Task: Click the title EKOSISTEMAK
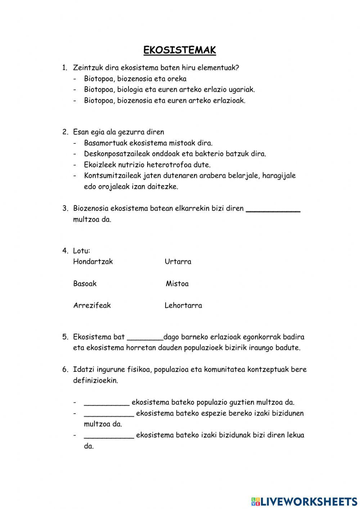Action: (x=180, y=50)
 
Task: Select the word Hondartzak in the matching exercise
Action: (x=93, y=262)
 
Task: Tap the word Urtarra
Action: (x=178, y=262)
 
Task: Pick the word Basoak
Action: (x=85, y=283)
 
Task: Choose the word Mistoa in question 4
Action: (x=177, y=283)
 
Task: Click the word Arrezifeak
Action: (x=92, y=305)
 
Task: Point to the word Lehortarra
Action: (x=183, y=305)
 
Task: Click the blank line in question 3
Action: (x=273, y=210)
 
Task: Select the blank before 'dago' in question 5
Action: (x=145, y=339)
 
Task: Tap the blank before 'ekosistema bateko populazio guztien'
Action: (x=107, y=404)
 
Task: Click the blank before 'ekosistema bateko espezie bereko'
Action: (x=109, y=415)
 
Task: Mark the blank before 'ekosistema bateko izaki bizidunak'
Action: (x=109, y=437)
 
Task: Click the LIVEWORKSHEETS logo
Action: (x=304, y=501)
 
